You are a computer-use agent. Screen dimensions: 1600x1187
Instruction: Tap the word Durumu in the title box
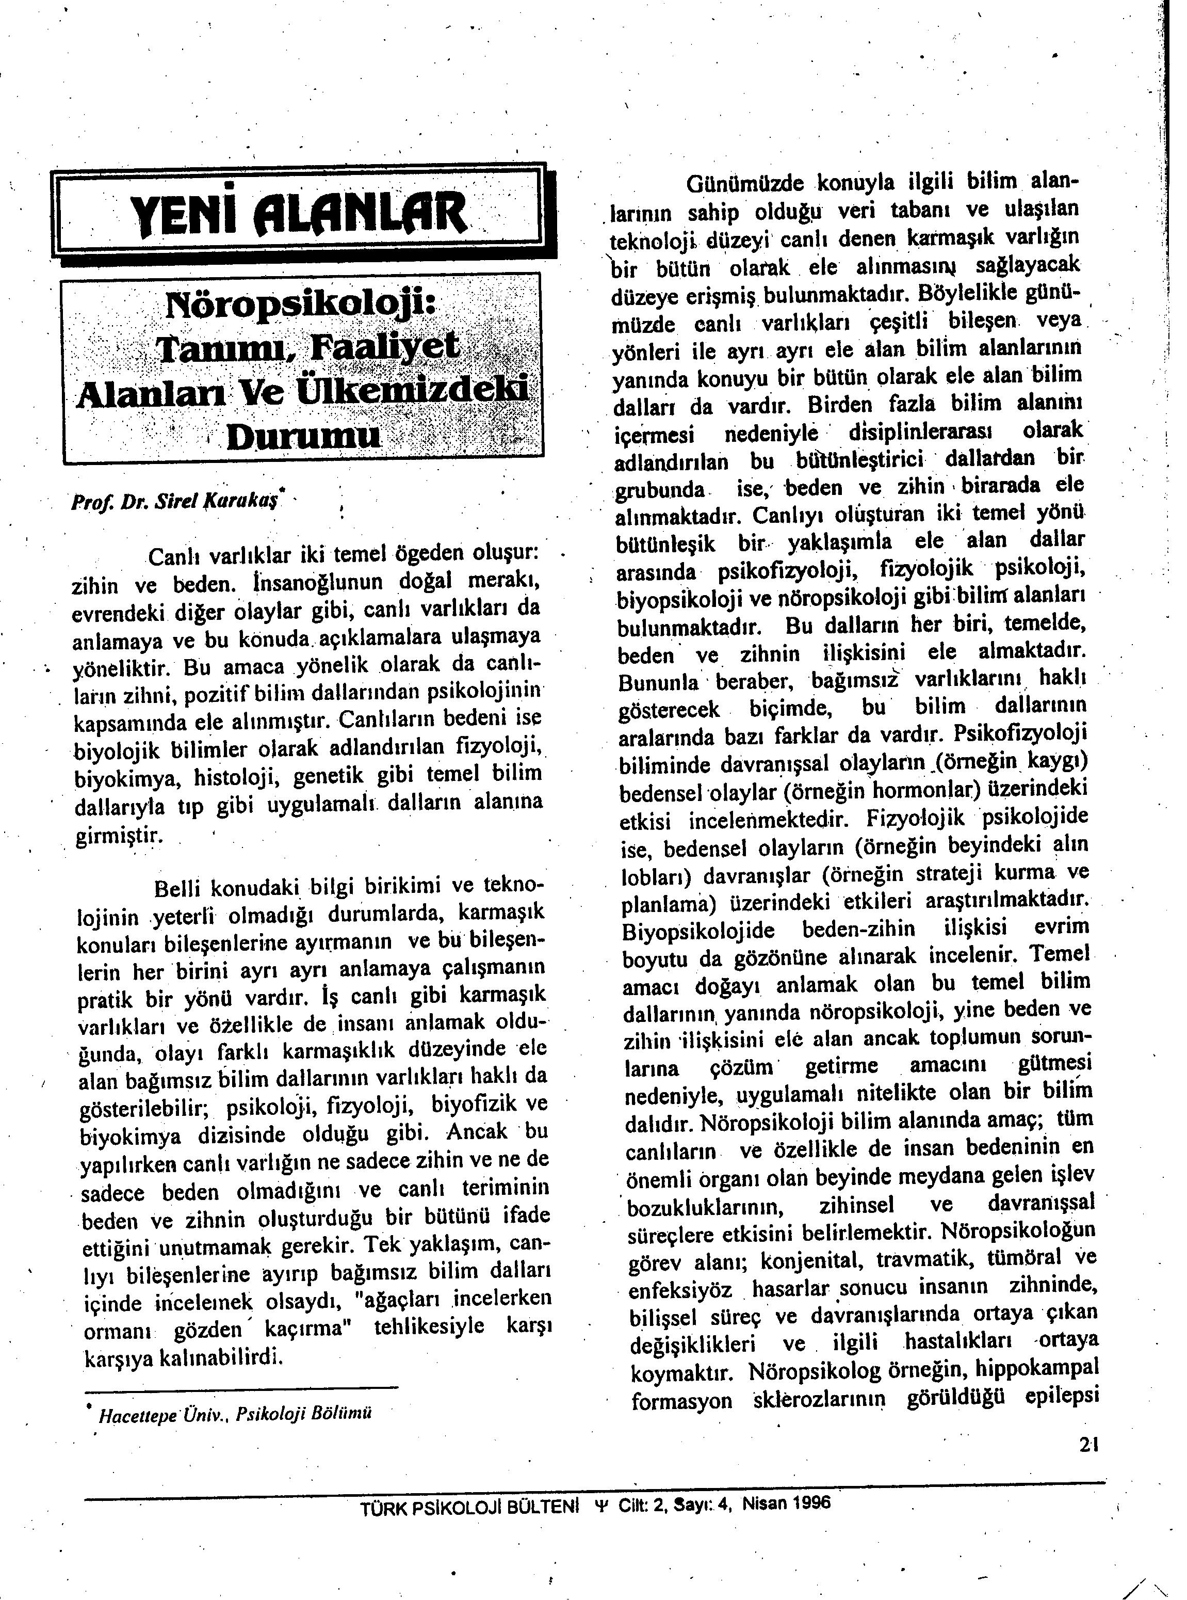(303, 436)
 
